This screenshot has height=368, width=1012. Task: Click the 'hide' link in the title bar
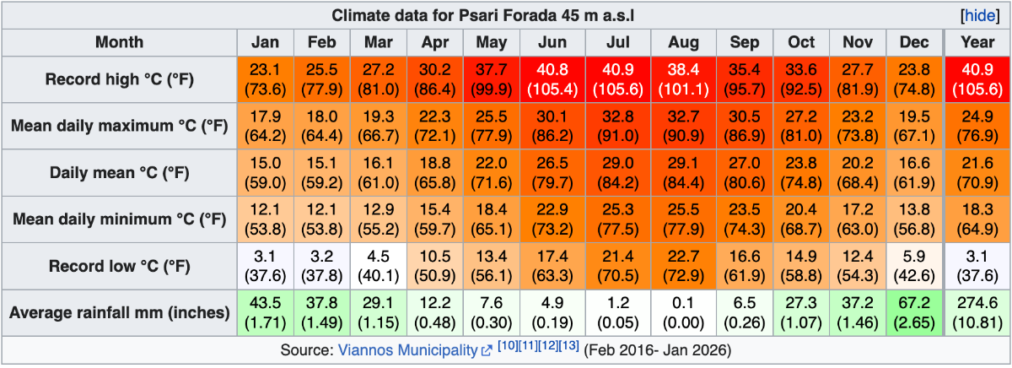[979, 16]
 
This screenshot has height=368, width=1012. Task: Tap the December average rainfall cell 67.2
[915, 312]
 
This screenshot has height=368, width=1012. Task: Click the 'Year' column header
[977, 42]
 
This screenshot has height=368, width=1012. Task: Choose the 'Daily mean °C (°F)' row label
[119, 173]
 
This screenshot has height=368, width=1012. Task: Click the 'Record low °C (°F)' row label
[119, 266]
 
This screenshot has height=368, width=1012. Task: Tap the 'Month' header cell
[119, 42]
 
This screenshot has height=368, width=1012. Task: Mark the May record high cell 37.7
[492, 79]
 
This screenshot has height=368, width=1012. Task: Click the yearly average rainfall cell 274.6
[977, 312]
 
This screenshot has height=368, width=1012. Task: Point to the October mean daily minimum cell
[801, 219]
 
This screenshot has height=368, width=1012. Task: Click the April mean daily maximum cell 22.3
[435, 127]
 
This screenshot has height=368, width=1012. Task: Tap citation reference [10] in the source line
[508, 345]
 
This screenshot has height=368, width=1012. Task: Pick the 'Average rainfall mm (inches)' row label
[119, 312]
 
